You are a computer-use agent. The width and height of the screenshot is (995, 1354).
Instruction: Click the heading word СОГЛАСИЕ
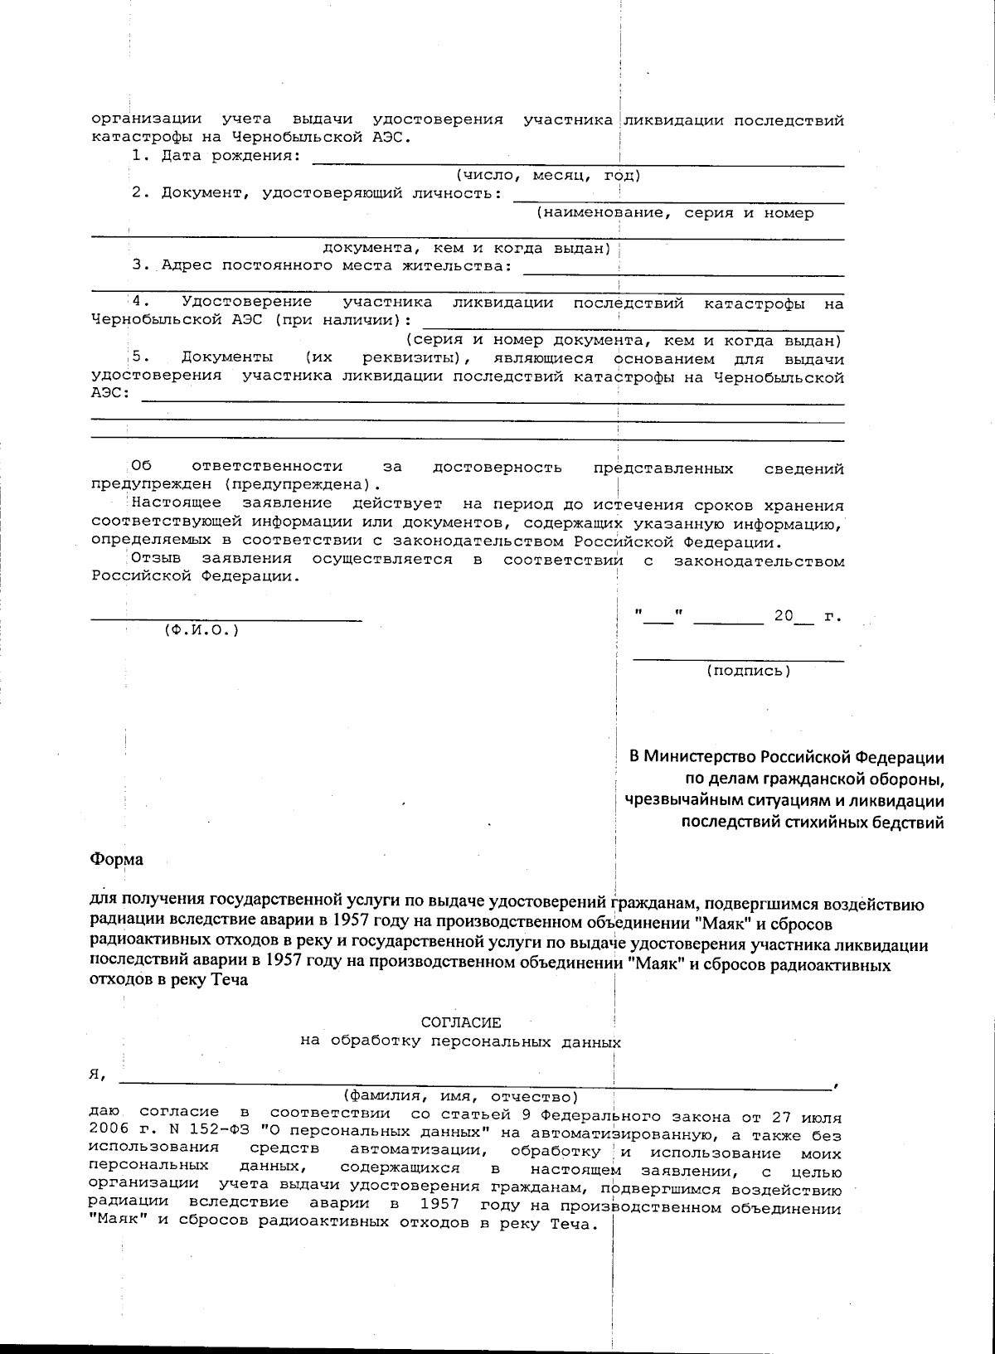(x=461, y=1023)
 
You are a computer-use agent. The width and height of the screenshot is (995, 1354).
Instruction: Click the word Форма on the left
(x=116, y=859)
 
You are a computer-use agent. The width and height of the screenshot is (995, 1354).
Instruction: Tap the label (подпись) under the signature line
(x=748, y=670)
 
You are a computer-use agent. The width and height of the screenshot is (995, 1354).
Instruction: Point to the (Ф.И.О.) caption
(x=201, y=629)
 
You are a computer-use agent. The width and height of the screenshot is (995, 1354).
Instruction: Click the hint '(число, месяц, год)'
(x=547, y=175)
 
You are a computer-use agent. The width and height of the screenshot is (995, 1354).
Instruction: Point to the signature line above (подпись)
(x=738, y=660)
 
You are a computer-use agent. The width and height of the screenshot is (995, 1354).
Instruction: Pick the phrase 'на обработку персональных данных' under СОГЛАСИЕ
(x=461, y=1041)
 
